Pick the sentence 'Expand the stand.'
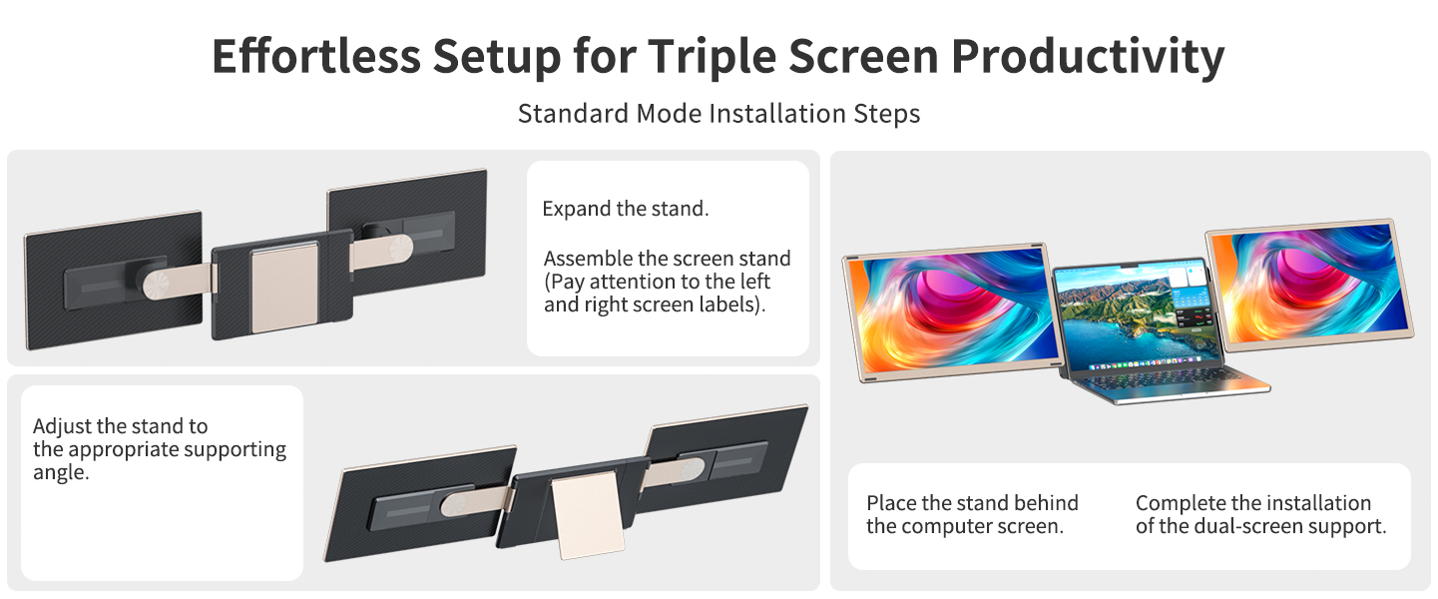(x=625, y=210)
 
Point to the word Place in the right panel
(x=890, y=503)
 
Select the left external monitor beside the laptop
(x=951, y=311)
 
